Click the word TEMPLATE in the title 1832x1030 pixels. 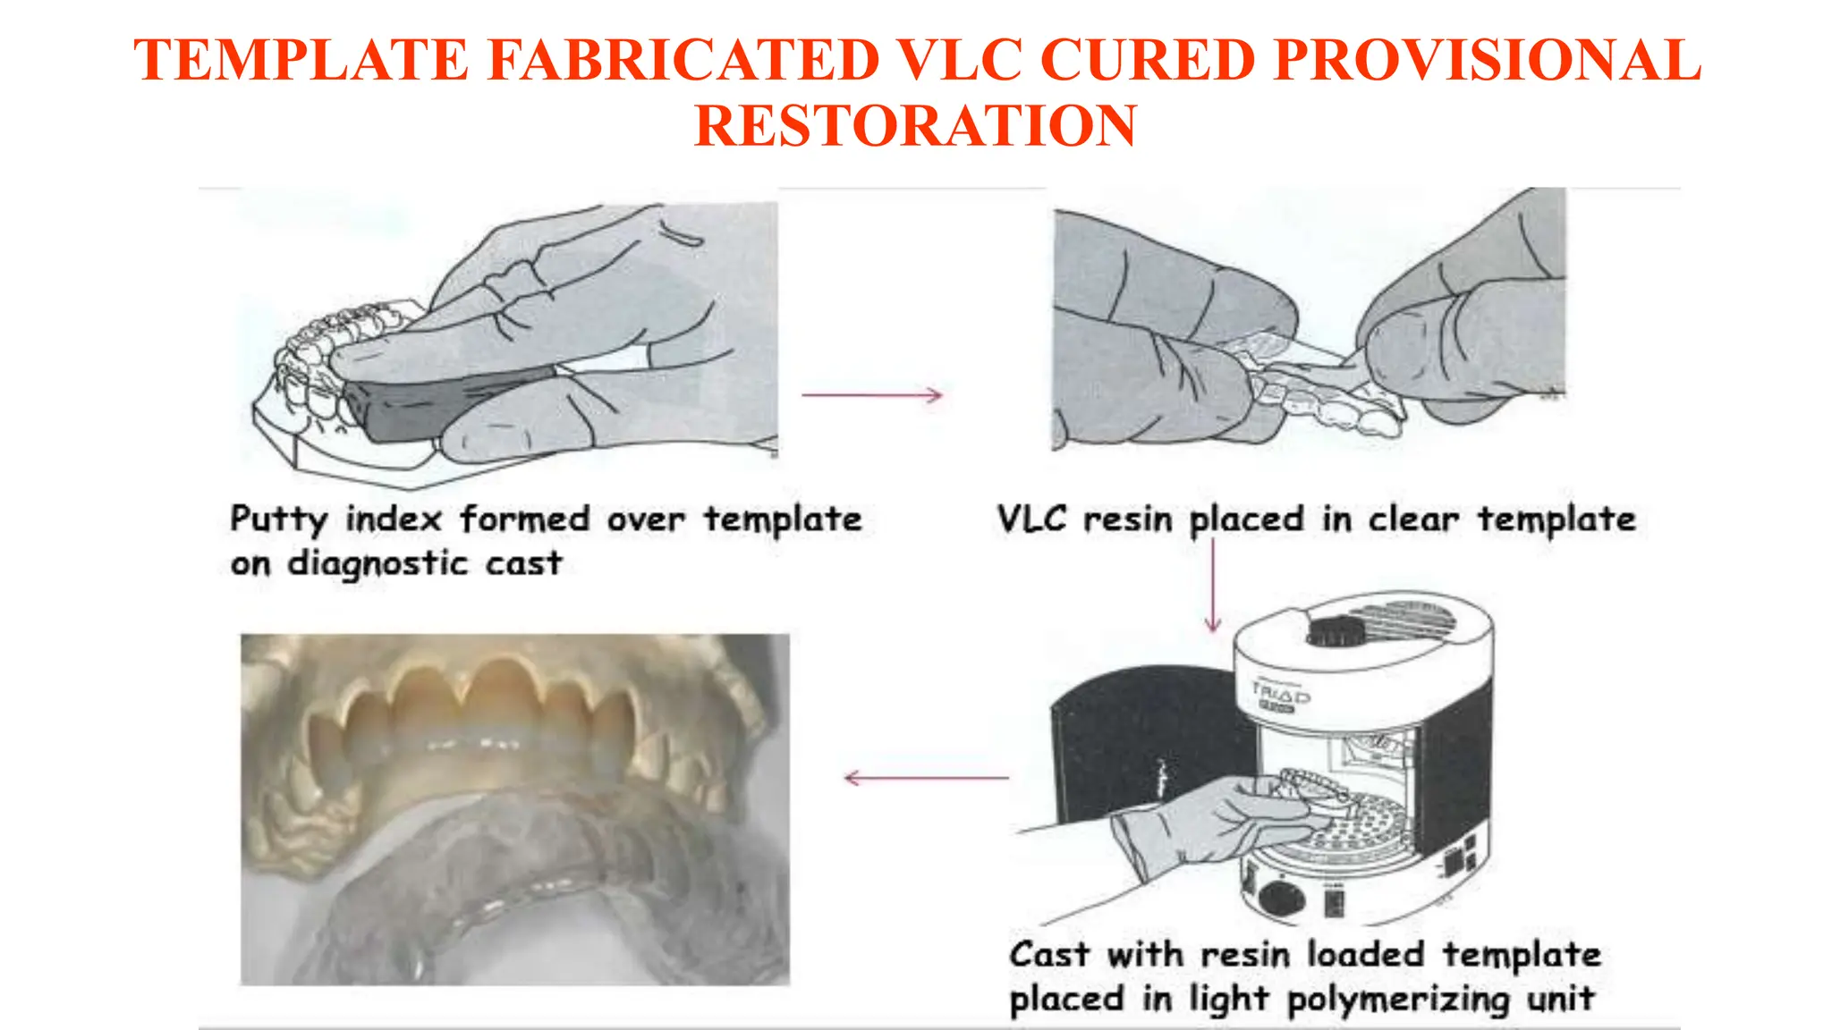301,61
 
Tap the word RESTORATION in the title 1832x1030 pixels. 915,125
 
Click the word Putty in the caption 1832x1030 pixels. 278,519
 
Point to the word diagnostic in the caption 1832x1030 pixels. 377,564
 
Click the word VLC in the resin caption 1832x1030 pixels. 1031,519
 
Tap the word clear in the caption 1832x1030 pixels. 1412,519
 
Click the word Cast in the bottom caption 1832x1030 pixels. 1048,955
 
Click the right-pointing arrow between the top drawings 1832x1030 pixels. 872,394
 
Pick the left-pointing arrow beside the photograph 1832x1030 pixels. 926,778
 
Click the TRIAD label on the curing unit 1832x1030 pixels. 1281,693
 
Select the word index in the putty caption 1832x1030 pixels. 394,519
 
